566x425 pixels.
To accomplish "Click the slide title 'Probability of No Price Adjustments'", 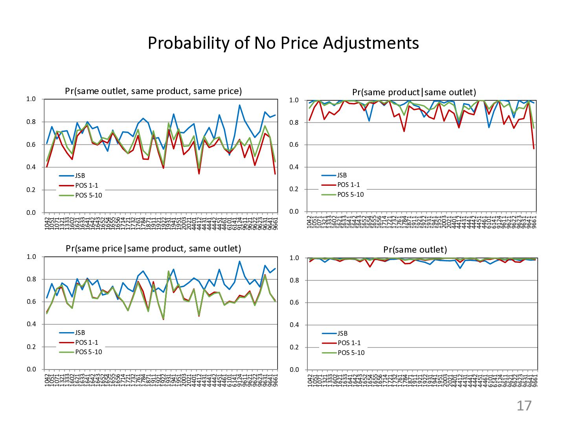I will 283,43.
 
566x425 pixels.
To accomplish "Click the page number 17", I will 524,406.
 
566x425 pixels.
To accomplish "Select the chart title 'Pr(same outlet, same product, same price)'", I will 153,91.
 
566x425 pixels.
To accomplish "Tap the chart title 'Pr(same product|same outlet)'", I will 414,92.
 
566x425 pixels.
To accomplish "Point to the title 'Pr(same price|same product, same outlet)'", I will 153,249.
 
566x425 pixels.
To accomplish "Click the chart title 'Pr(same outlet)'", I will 415,250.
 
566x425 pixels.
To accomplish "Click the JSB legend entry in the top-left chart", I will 80,176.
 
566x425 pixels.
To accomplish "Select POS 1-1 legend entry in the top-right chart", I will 348,185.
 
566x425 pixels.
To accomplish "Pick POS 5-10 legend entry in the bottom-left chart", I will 88,352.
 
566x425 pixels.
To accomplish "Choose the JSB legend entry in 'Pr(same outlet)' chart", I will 342,334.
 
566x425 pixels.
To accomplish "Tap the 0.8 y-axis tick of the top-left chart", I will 31,122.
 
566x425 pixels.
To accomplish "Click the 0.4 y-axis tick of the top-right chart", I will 294,167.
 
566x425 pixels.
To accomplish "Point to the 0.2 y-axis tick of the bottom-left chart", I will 31,347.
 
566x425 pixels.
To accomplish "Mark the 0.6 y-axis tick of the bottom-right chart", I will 294,303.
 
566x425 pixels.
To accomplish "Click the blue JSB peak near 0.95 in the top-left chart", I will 239,105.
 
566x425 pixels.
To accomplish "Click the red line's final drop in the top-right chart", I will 534,148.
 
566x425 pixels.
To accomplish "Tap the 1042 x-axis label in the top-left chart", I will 47,223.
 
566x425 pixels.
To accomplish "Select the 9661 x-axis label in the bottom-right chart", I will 535,381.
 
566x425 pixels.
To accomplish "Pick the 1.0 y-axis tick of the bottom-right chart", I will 294,258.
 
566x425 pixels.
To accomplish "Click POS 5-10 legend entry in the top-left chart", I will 88,196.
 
